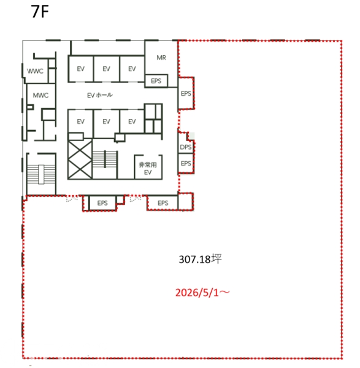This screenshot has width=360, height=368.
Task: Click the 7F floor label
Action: click(40, 12)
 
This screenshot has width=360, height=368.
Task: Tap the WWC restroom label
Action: click(35, 71)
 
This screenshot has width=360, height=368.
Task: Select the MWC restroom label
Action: click(40, 95)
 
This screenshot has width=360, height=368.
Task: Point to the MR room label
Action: click(161, 58)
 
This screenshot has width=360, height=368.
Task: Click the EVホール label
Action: click(100, 95)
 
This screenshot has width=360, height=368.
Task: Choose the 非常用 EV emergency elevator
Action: click(148, 167)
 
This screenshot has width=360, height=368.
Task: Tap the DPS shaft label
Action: click(186, 147)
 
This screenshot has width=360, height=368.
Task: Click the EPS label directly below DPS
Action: click(186, 163)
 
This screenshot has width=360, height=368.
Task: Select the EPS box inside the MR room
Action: click(156, 81)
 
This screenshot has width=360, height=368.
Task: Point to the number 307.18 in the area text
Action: click(194, 259)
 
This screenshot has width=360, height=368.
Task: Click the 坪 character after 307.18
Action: click(216, 259)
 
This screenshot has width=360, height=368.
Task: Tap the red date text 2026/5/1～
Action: click(202, 293)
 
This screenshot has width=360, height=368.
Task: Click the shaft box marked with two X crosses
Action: click(80, 159)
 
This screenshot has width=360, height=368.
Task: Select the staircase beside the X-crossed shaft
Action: click(105, 159)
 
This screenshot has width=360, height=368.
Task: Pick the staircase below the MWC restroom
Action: click(41, 174)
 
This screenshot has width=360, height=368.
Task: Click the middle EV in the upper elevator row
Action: click(106, 69)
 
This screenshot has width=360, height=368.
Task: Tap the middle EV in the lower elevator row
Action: click(106, 121)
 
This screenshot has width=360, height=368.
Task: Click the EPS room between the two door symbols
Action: click(102, 203)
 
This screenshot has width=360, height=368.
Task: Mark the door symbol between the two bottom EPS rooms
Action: click(136, 199)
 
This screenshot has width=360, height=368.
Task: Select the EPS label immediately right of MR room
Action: click(186, 94)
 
